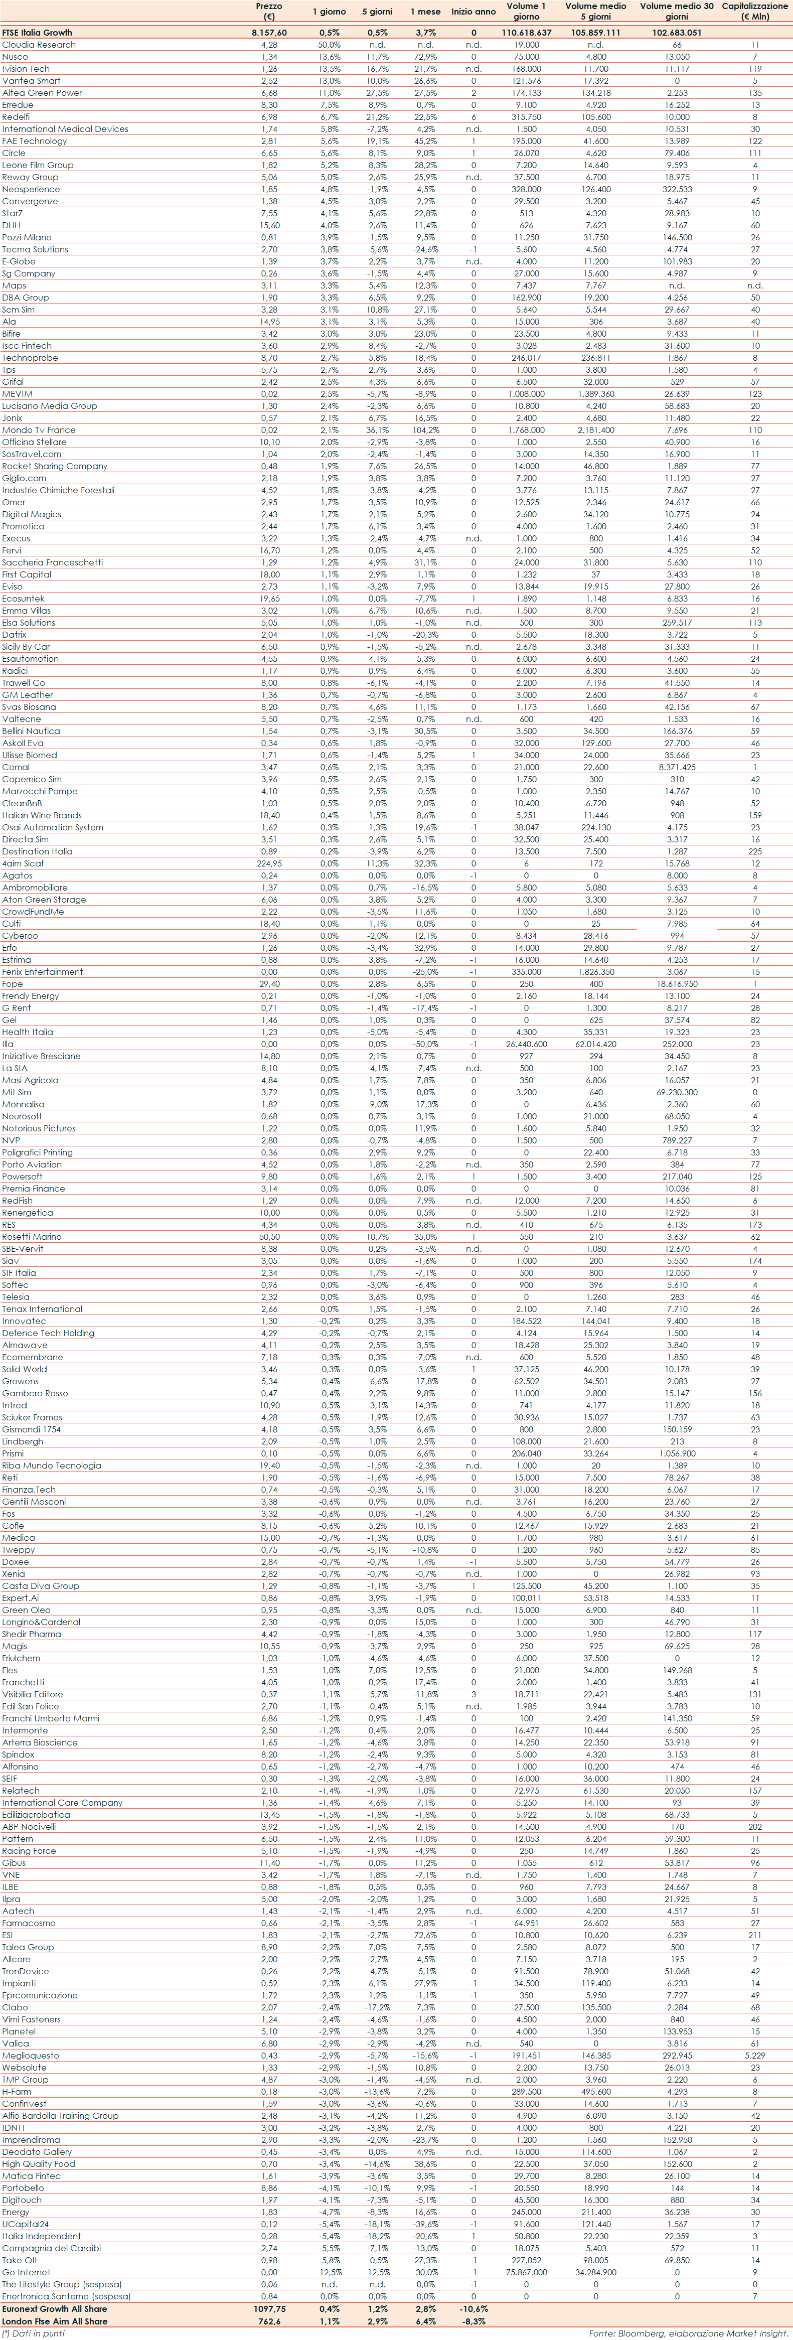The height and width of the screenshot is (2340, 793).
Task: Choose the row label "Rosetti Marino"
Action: tap(32, 1236)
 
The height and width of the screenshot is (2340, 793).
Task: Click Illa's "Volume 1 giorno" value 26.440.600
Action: tap(526, 1044)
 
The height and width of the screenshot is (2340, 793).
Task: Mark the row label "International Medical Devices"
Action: tap(65, 129)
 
